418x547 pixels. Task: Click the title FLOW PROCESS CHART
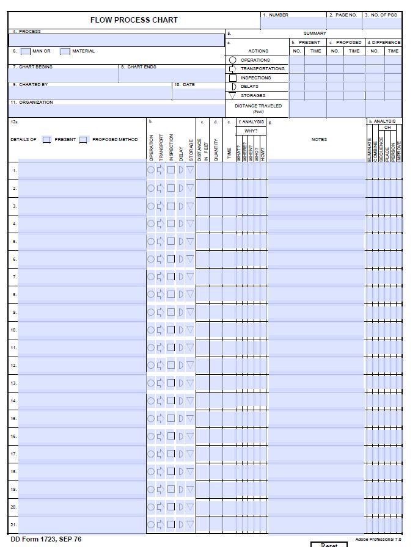(x=134, y=20)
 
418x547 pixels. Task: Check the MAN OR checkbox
(x=26, y=51)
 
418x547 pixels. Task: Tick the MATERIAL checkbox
(x=65, y=51)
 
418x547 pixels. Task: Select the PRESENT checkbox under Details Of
(x=47, y=140)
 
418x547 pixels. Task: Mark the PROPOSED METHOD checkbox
(x=84, y=140)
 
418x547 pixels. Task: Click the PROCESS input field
(x=117, y=40)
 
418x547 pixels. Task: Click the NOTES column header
(x=319, y=140)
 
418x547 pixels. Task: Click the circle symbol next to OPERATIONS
(x=232, y=60)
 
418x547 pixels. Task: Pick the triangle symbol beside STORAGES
(x=232, y=95)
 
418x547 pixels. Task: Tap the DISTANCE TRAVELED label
(x=258, y=106)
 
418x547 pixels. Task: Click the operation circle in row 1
(x=151, y=170)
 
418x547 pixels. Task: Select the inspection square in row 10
(x=171, y=330)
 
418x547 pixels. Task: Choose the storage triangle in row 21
(x=190, y=524)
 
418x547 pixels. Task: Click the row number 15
(x=13, y=419)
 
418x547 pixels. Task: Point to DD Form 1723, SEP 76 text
(x=46, y=539)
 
